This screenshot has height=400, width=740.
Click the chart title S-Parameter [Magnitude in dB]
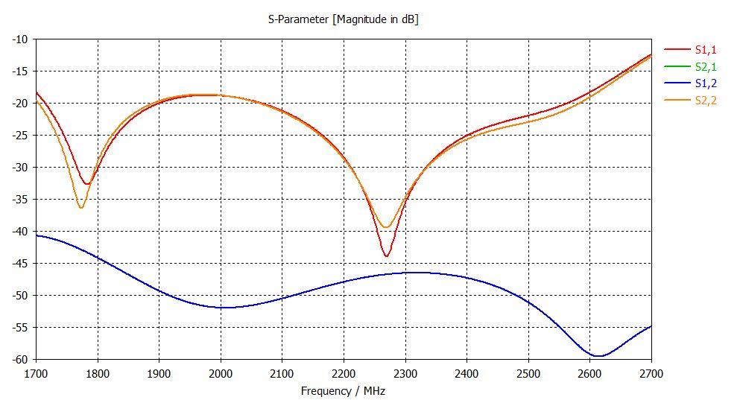click(343, 19)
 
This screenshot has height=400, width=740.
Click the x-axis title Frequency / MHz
click(343, 390)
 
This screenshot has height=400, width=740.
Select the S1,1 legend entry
click(704, 49)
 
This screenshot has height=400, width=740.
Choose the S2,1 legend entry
click(704, 66)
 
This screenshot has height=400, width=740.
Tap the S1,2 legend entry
click(704, 83)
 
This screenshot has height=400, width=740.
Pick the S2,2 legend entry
click(704, 101)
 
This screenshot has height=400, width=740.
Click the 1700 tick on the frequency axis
click(36, 372)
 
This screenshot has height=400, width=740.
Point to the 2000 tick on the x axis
click(221, 372)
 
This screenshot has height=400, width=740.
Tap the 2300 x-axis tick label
click(405, 372)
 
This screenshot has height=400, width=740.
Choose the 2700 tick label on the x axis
click(651, 372)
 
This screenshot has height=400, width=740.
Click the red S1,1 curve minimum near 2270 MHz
click(386, 256)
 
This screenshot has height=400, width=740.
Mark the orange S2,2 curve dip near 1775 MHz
click(81, 207)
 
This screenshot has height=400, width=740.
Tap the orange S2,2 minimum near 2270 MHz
click(386, 227)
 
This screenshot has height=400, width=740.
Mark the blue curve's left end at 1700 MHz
click(37, 235)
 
